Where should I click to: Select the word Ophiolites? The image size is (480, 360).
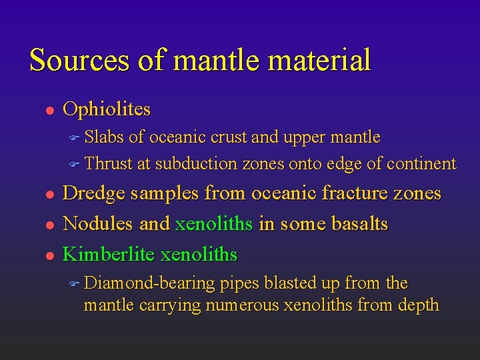point(107,109)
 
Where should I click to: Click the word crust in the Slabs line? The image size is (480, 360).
point(229,137)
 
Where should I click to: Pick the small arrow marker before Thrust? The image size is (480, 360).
point(74,164)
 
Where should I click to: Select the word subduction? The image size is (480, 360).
point(196,163)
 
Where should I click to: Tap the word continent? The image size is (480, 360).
point(421,163)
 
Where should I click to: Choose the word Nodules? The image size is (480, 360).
point(98,224)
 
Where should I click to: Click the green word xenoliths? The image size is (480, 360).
point(214,224)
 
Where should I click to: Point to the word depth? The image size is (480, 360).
point(417,305)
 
